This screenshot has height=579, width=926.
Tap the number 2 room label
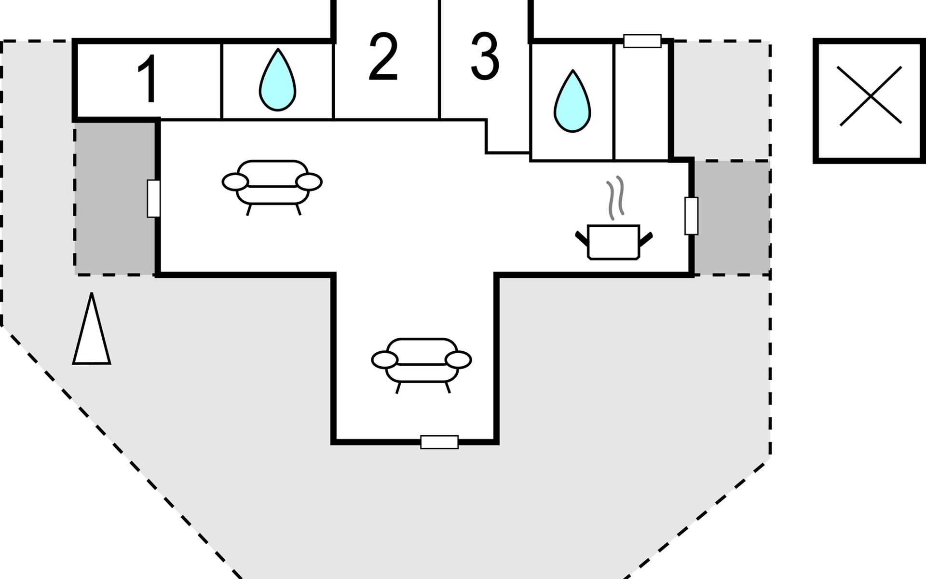coord(383,57)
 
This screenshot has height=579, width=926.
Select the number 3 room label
coord(484,57)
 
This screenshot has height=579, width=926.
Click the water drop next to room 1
coord(277,80)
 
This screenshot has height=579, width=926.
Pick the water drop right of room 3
coord(572,101)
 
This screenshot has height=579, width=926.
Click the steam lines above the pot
coord(615,198)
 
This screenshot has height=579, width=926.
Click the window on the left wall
coord(153,198)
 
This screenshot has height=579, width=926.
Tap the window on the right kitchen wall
coord(691,216)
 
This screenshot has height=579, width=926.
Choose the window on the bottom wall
coord(439,442)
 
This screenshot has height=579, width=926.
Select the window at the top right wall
coord(642,41)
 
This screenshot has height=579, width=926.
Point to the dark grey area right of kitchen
coord(732,218)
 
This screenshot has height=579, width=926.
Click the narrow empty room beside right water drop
coord(641,102)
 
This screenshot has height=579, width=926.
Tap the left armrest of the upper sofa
coord(235,182)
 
